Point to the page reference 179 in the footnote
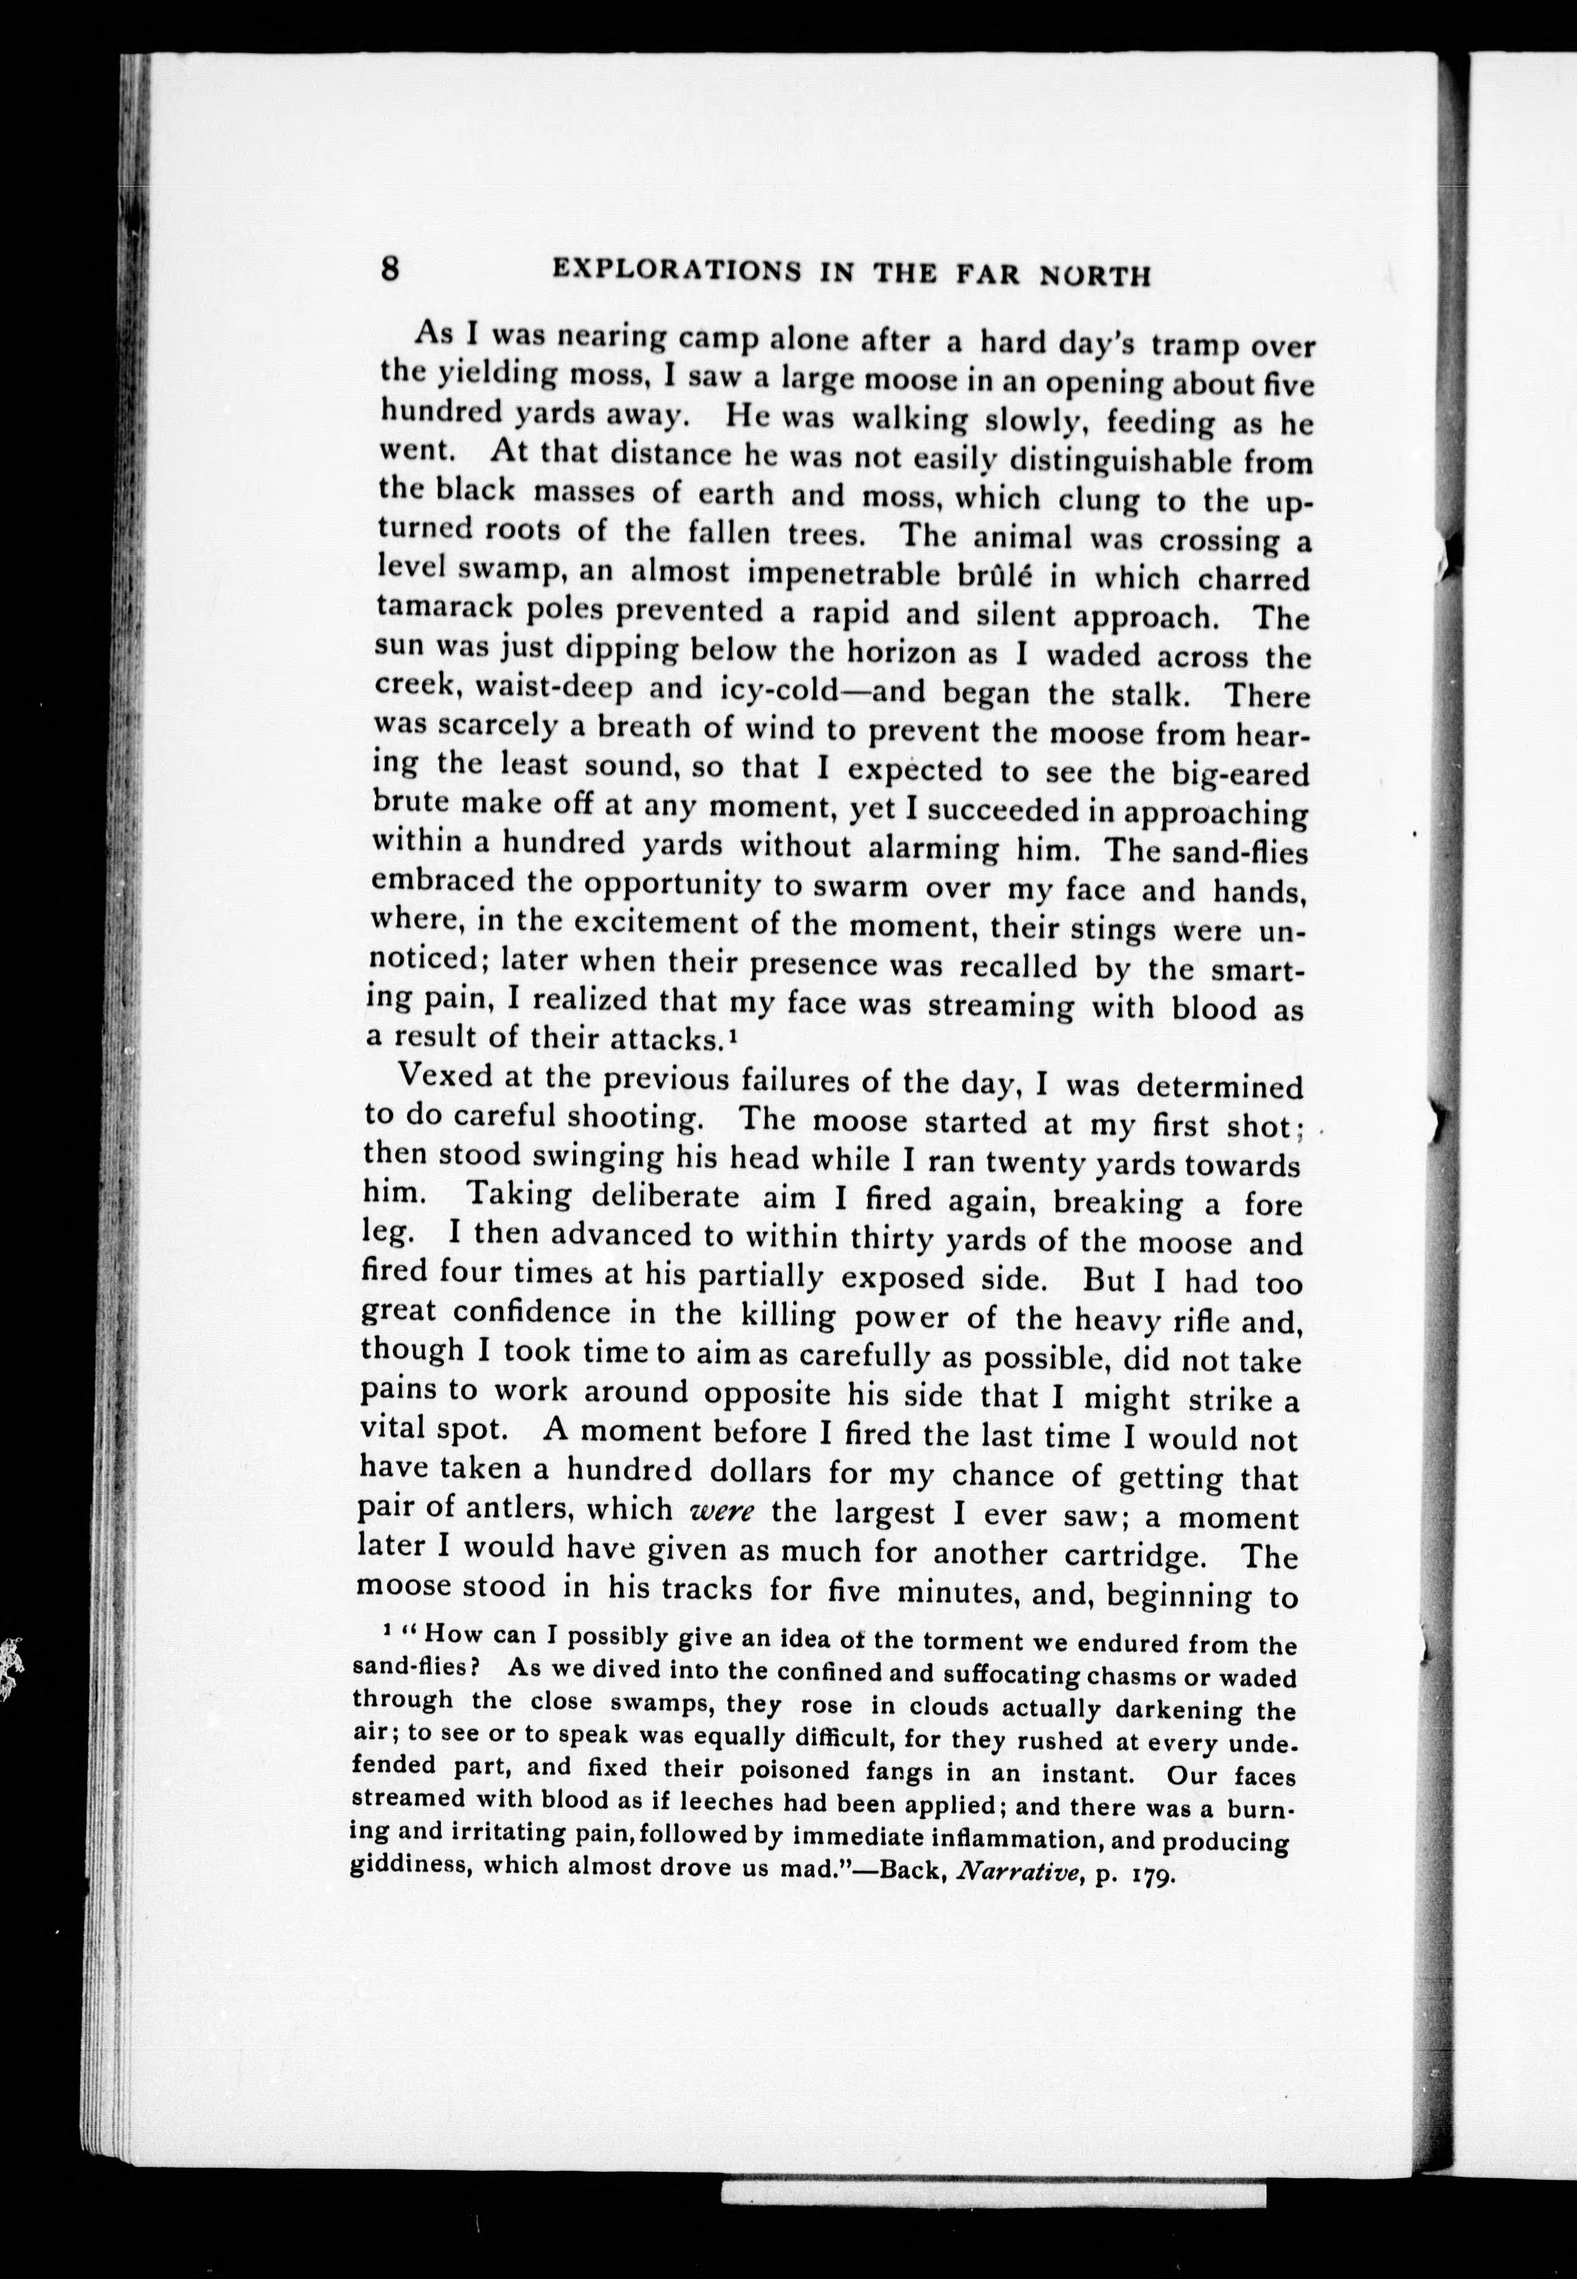tap(1150, 1874)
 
